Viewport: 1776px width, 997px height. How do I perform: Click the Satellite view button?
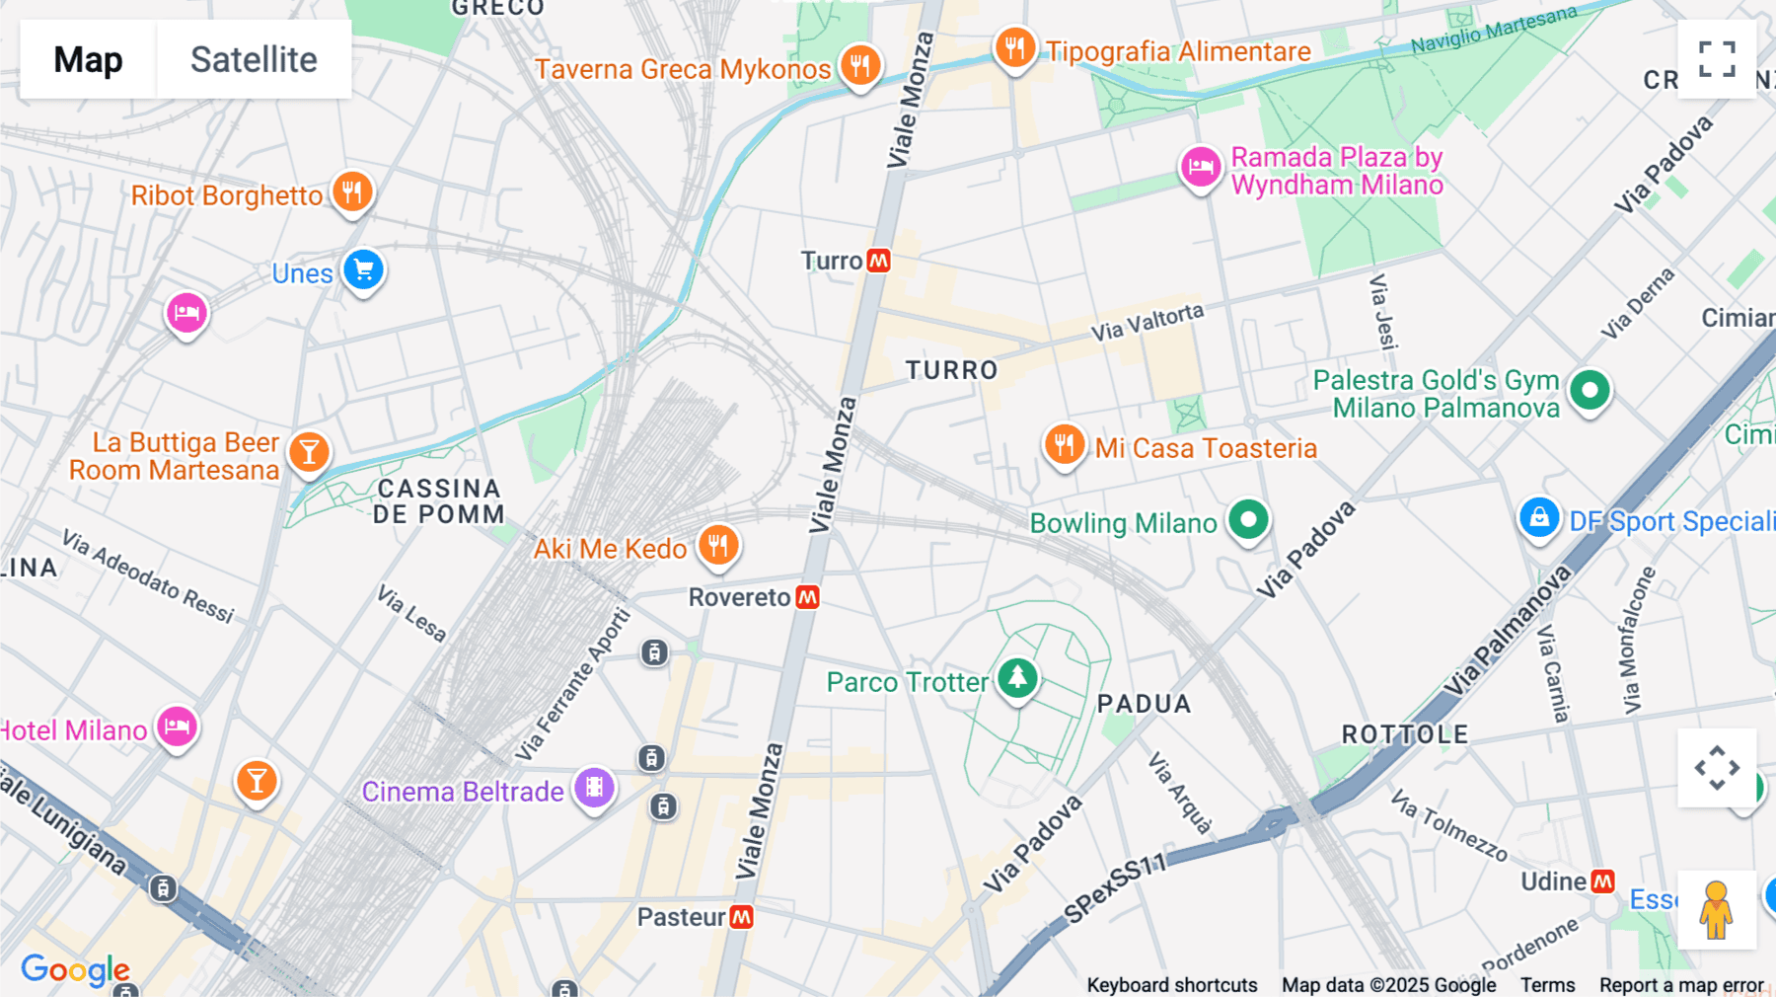click(254, 59)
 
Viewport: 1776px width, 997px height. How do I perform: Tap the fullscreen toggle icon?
click(1717, 59)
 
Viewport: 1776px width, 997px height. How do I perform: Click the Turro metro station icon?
click(878, 261)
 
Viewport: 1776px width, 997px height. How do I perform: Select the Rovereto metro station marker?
click(807, 597)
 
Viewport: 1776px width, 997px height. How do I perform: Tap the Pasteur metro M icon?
click(741, 917)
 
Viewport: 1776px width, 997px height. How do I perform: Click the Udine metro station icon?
click(1603, 881)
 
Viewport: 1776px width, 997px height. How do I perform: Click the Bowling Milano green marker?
click(1248, 519)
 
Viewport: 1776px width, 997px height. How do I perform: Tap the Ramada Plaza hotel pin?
click(1201, 167)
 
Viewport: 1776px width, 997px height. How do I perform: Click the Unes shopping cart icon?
click(363, 269)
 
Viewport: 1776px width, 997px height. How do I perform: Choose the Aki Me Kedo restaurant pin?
click(718, 545)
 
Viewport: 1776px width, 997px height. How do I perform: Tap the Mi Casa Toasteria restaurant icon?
click(1064, 444)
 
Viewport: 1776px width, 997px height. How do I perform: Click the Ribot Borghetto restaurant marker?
click(352, 191)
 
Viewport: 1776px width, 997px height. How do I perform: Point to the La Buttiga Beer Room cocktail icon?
click(309, 452)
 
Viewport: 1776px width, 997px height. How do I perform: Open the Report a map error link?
click(1680, 984)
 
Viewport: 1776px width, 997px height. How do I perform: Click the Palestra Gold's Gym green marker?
click(1590, 390)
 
